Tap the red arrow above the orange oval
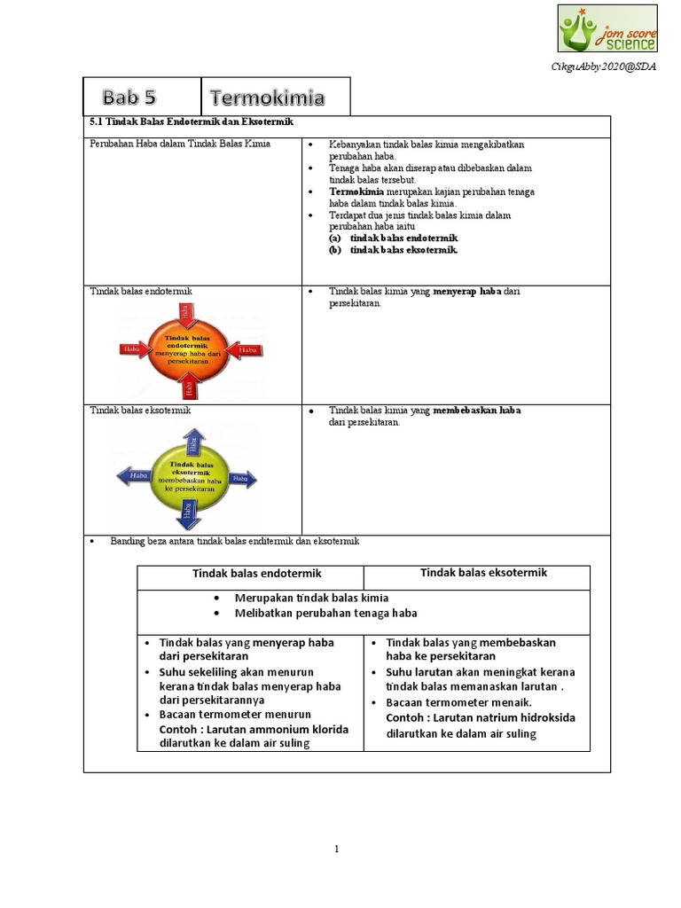(186, 311)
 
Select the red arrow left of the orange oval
(134, 350)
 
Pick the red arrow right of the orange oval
(244, 351)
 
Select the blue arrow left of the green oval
(134, 477)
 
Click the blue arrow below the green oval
(188, 513)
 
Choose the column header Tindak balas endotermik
(250, 573)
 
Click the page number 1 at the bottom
(337, 849)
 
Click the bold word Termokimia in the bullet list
(356, 192)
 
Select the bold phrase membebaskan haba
(477, 411)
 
